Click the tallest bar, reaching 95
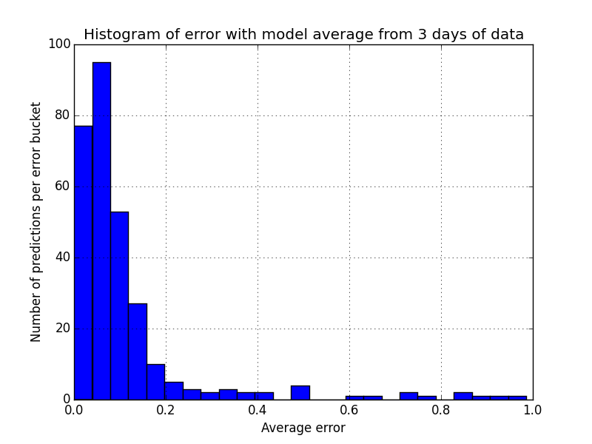101,231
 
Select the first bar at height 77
83,263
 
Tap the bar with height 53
119,306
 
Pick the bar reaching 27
138,351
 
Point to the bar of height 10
155,382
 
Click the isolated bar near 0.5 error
300,393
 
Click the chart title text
303,34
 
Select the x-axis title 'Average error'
303,428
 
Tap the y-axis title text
36,222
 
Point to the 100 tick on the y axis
59,44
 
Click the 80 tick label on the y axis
62,115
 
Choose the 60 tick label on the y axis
62,186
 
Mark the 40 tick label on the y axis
62,258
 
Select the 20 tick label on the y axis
62,329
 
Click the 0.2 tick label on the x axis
166,409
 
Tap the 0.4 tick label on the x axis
258,409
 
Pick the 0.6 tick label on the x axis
349,409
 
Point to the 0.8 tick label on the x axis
441,409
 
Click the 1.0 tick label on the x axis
532,409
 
